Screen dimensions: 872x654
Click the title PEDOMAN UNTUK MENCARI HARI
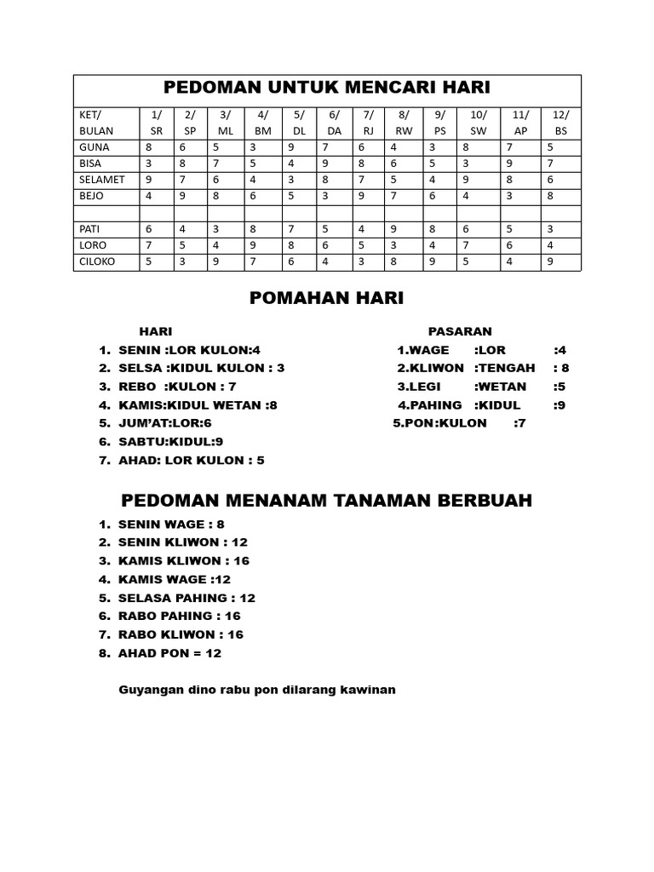coord(327,88)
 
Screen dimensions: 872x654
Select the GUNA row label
coord(94,146)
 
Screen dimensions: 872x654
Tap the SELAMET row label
coord(101,180)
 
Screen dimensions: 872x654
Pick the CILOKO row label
coord(98,262)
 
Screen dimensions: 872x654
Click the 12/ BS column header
coord(560,123)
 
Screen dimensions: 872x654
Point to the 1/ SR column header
coord(156,123)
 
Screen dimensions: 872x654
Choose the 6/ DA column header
coord(334,123)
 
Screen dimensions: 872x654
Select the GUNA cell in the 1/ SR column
coord(149,146)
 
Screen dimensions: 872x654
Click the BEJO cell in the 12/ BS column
coord(551,196)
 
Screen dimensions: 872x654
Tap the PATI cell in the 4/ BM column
coord(253,229)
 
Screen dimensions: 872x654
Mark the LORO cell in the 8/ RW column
coord(393,246)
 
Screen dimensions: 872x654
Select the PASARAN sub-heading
coord(460,331)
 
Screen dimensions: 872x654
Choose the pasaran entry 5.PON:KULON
coord(439,423)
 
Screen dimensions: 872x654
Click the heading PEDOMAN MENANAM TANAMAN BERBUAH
coord(326,500)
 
